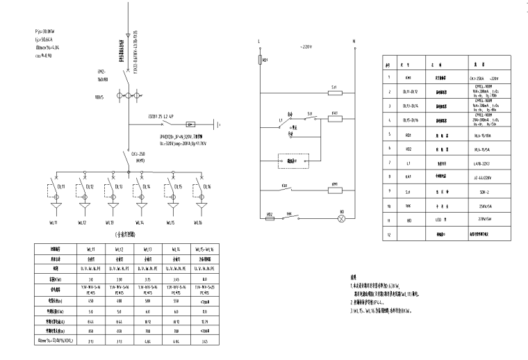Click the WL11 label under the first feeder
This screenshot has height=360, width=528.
[x=52, y=222]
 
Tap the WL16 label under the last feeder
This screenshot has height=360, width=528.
[x=198, y=222]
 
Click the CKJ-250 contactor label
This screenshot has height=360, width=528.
[x=138, y=154]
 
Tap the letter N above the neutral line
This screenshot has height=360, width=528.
[x=354, y=42]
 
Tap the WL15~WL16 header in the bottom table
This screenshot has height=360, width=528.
[x=201, y=248]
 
